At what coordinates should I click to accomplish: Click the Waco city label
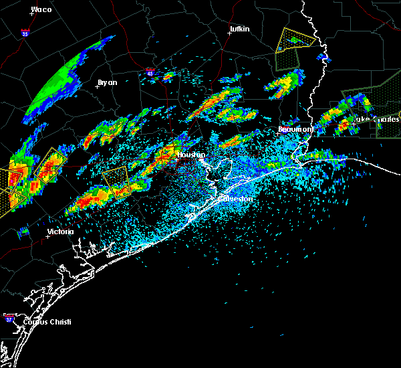coord(41,9)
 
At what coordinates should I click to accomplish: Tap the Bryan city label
coord(107,82)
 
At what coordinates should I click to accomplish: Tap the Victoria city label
coord(60,232)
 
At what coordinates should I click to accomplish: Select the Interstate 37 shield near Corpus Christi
coord(9,316)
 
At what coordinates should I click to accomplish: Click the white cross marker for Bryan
coord(97,86)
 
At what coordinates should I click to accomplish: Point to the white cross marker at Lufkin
coord(229,33)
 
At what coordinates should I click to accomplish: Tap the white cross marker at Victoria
coord(48,236)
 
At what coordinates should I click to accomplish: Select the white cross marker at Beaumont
coord(277,132)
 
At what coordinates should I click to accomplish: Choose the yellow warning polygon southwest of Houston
coord(116,181)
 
